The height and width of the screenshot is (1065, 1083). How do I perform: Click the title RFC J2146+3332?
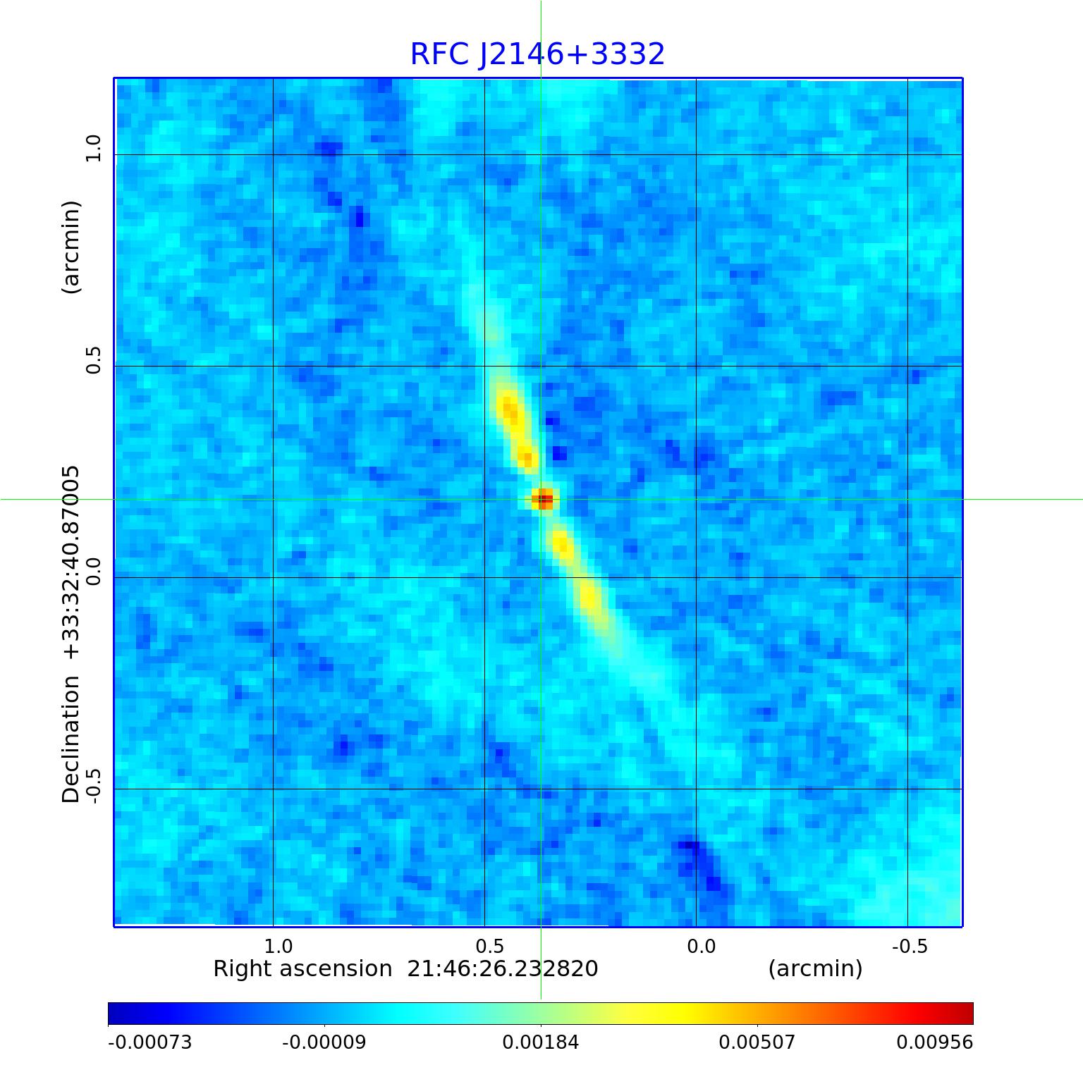[x=537, y=54]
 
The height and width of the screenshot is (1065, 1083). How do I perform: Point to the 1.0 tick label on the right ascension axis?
[x=278, y=946]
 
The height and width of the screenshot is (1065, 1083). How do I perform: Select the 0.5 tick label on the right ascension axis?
[x=489, y=946]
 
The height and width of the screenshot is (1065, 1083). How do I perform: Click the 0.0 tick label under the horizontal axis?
[x=701, y=946]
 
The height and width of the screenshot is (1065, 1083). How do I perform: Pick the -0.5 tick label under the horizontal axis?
[x=909, y=946]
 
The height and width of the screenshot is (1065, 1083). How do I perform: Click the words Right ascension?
[x=302, y=969]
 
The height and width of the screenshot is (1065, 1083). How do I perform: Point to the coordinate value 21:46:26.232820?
[x=503, y=969]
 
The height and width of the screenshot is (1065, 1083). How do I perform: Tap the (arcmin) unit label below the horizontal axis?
[x=815, y=969]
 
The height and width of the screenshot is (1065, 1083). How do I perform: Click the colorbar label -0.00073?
[x=149, y=1042]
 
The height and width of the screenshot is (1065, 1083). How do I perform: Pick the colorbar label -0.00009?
[x=324, y=1042]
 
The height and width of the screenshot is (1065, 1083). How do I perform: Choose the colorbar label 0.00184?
[x=541, y=1042]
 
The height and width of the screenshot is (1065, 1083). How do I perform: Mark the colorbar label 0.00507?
[x=757, y=1042]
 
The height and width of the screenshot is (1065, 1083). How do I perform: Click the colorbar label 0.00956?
[x=934, y=1042]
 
